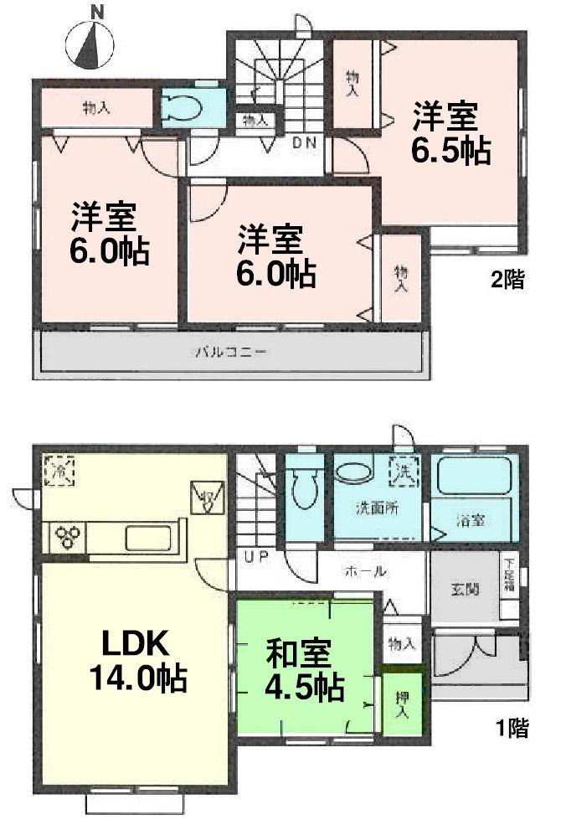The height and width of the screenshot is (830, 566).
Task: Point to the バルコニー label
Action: point(231,352)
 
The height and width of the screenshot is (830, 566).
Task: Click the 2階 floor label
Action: point(507,281)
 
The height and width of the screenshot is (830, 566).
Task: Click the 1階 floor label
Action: point(512,729)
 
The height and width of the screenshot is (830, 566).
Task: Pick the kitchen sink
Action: point(152,537)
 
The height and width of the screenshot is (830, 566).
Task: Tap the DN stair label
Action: point(303,142)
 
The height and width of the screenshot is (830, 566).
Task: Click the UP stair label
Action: point(256,555)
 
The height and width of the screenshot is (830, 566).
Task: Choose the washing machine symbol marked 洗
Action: point(404,472)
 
